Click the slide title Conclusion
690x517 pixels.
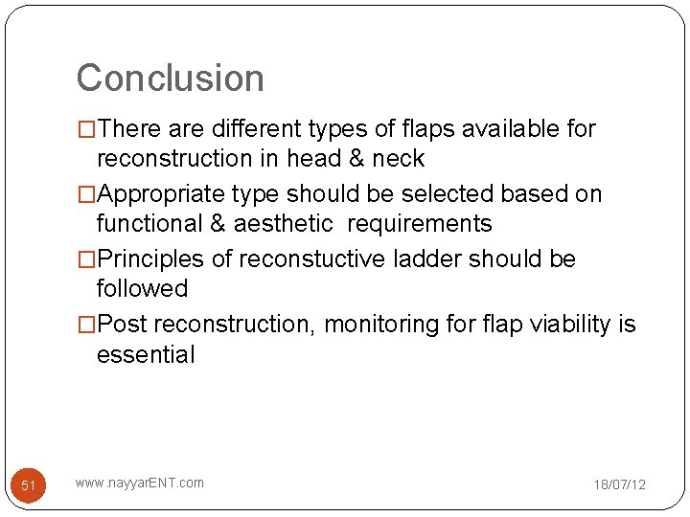click(170, 79)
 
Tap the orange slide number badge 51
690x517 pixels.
click(29, 485)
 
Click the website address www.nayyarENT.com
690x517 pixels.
click(139, 483)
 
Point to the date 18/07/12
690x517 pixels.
click(619, 484)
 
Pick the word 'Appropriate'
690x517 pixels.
click(162, 194)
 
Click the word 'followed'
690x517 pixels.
click(142, 288)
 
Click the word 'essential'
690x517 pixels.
click(146, 354)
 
